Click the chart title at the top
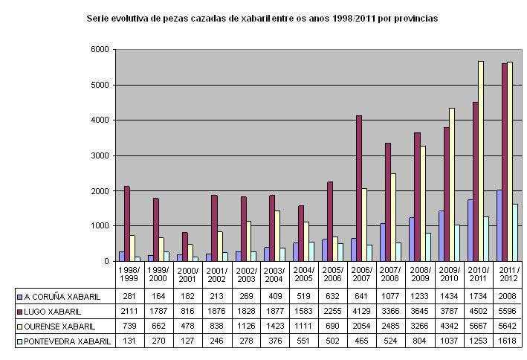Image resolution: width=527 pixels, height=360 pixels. tap(262, 17)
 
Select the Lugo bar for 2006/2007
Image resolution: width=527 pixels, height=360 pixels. tap(359, 188)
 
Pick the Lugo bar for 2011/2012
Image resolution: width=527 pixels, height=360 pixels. tap(504, 162)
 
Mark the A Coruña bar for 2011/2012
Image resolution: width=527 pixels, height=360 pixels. tap(498, 225)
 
